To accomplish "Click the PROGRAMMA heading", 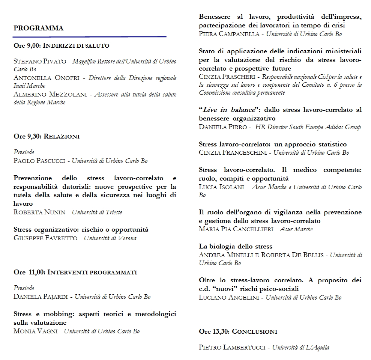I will point(38,28).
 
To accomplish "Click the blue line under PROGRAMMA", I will point(89,37).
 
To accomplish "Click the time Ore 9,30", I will point(28,136).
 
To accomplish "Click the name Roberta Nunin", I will point(39,212).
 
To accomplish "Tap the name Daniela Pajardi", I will point(41,297).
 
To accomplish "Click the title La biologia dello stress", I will point(236,246).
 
